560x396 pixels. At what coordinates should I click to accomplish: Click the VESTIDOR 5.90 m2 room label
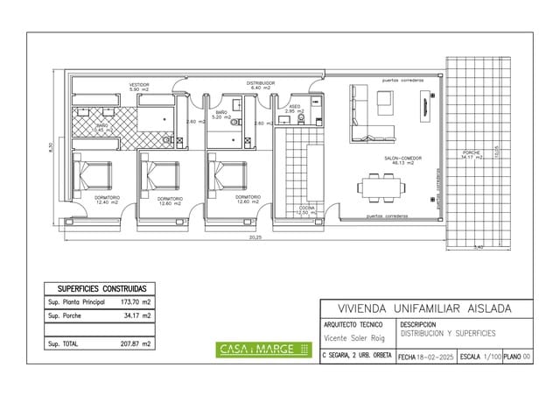139,87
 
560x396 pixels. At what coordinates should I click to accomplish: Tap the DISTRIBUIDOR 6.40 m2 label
261,85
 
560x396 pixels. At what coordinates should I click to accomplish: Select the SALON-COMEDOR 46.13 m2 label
403,160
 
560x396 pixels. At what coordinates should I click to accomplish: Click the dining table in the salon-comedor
381,187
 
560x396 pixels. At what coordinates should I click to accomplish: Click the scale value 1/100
492,357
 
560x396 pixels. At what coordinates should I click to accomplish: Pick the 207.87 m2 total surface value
135,344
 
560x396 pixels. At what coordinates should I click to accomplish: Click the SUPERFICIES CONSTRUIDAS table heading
101,288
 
